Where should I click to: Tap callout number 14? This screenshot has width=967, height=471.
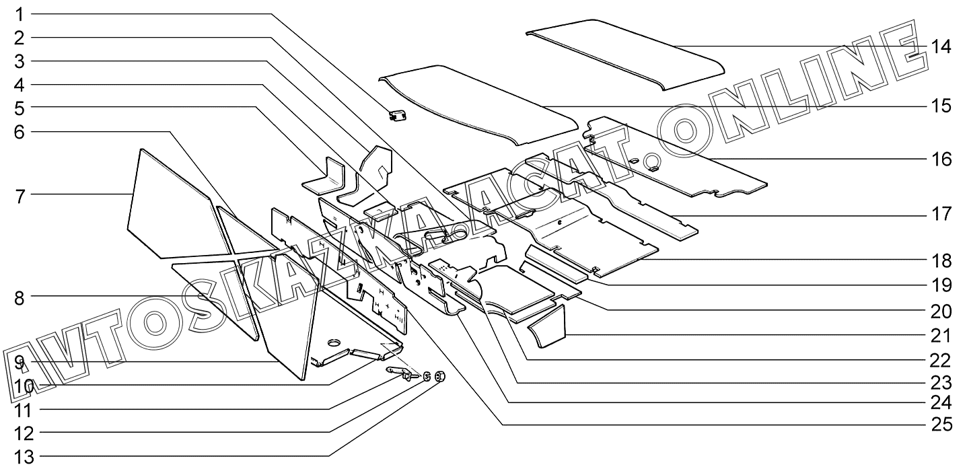coord(941,46)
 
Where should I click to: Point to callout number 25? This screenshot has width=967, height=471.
coord(941,425)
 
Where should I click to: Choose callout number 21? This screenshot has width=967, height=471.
coord(941,334)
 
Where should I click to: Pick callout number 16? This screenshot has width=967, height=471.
coord(941,159)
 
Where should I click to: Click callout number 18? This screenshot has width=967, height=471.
coord(941,260)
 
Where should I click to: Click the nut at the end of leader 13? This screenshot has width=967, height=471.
coord(438,375)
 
